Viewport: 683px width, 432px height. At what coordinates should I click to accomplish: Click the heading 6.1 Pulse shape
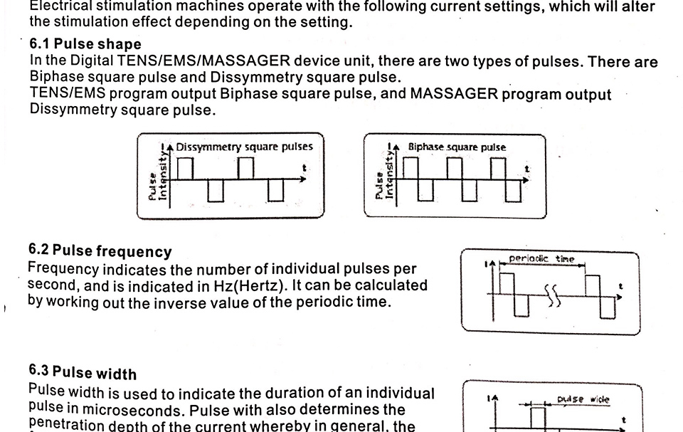pyautogui.click(x=85, y=44)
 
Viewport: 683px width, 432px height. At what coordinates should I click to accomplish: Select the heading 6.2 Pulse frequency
pyautogui.click(x=100, y=251)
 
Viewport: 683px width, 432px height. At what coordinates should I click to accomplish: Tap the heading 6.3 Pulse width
pyautogui.click(x=83, y=373)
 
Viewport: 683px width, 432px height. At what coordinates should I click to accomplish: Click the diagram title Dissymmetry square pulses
pyautogui.click(x=244, y=147)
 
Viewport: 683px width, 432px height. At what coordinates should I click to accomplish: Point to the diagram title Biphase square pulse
pyautogui.click(x=457, y=147)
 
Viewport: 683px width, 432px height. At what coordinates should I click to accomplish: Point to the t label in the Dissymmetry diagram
pyautogui.click(x=306, y=169)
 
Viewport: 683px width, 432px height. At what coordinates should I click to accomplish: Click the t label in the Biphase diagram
pyautogui.click(x=526, y=169)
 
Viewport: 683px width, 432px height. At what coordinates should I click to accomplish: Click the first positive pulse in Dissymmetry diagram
pyautogui.click(x=185, y=169)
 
